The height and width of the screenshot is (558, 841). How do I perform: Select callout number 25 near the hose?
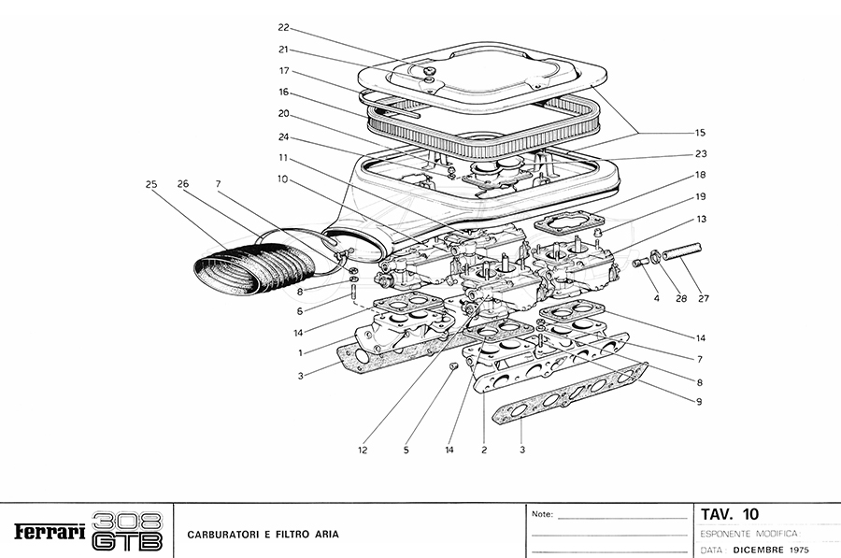[150, 184]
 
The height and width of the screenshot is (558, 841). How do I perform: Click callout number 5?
[406, 450]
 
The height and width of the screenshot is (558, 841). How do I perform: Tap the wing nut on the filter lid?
[430, 73]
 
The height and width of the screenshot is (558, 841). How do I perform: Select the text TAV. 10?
[731, 513]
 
